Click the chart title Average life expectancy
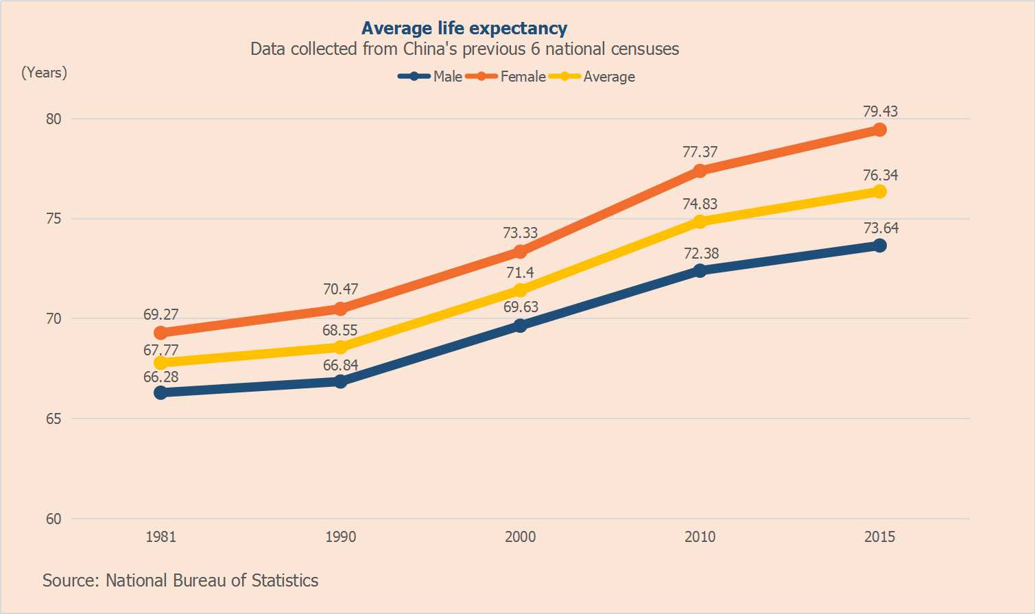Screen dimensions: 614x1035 pyautogui.click(x=464, y=28)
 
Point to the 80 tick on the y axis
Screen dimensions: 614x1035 pyautogui.click(x=53, y=119)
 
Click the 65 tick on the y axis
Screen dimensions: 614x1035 pyautogui.click(x=53, y=418)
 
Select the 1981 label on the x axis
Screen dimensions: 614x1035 pyautogui.click(x=160, y=536)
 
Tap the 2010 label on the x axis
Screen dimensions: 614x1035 pyautogui.click(x=700, y=536)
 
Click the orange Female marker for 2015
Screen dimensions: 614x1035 pyautogui.click(x=879, y=130)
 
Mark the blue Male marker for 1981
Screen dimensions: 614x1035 pyautogui.click(x=160, y=392)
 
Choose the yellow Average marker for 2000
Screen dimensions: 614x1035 pyautogui.click(x=520, y=290)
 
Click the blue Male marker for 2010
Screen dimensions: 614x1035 pyautogui.click(x=700, y=270)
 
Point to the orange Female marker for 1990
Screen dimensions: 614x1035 pyautogui.click(x=340, y=309)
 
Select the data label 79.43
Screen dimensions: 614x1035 pyautogui.click(x=880, y=111)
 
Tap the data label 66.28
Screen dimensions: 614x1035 pyautogui.click(x=160, y=377)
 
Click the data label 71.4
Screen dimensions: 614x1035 pyautogui.click(x=520, y=272)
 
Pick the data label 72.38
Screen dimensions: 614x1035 pyautogui.click(x=701, y=253)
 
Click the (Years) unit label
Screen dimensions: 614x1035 pyautogui.click(x=45, y=73)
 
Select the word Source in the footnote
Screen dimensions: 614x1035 pyautogui.click(x=69, y=580)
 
